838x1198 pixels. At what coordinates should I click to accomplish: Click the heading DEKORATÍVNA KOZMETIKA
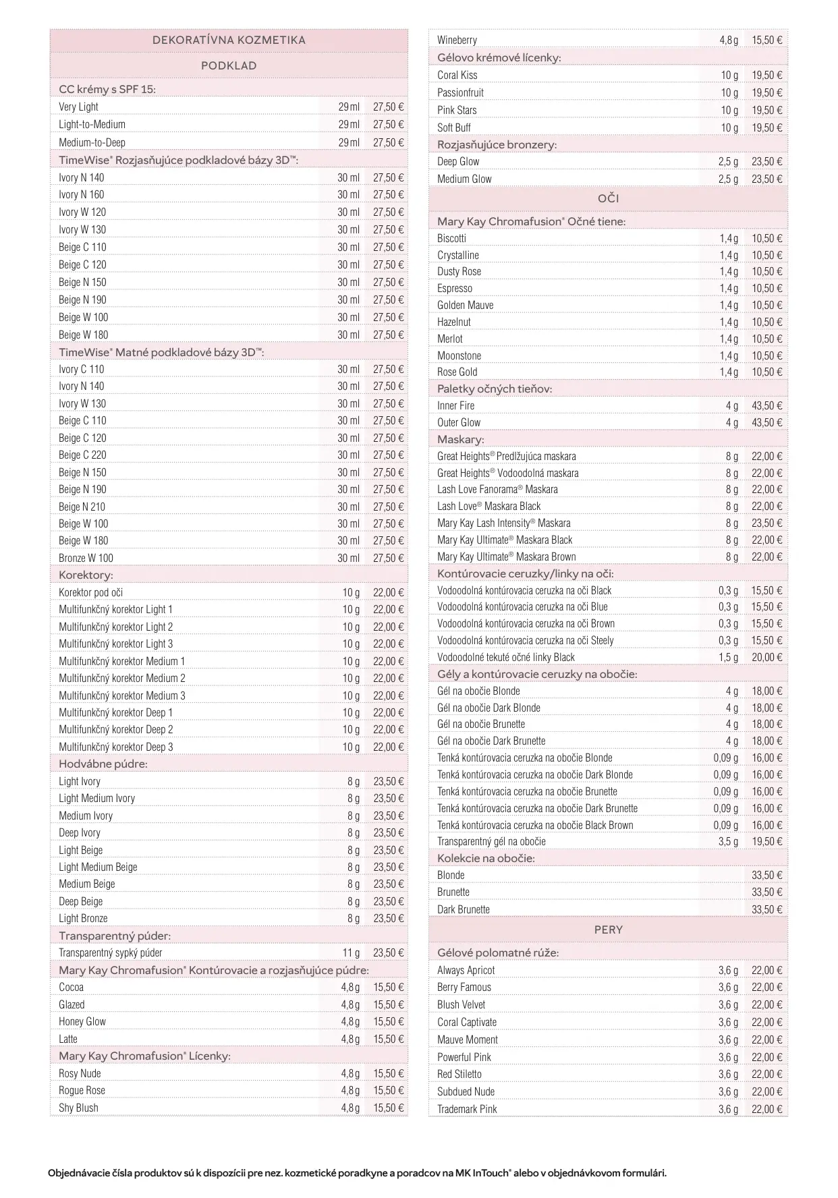point(229,40)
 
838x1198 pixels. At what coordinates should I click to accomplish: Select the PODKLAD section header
point(229,65)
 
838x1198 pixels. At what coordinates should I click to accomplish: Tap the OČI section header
point(608,198)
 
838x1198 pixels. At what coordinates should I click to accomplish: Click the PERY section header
point(608,930)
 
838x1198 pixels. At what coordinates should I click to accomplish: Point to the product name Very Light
point(78,107)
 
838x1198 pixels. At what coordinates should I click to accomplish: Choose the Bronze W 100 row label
point(86,558)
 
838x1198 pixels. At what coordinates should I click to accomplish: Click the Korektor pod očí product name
point(90,592)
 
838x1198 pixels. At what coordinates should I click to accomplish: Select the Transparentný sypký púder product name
point(110,952)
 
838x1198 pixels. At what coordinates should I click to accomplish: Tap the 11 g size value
point(351,952)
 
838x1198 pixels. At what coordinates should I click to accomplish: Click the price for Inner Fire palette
point(767,405)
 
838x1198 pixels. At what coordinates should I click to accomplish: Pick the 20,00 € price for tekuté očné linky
point(767,657)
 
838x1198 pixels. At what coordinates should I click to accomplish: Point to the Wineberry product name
point(457,40)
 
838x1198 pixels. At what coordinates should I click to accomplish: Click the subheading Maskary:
point(460,439)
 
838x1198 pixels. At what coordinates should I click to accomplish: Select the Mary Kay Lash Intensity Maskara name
point(503,523)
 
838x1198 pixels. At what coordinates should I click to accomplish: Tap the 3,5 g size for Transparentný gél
point(728,841)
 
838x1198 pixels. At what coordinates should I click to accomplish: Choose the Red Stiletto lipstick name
point(459,1074)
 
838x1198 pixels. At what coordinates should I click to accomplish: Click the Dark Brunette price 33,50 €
point(767,909)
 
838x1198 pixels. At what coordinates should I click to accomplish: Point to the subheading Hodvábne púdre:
point(103,764)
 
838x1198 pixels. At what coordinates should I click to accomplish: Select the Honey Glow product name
point(82,1021)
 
